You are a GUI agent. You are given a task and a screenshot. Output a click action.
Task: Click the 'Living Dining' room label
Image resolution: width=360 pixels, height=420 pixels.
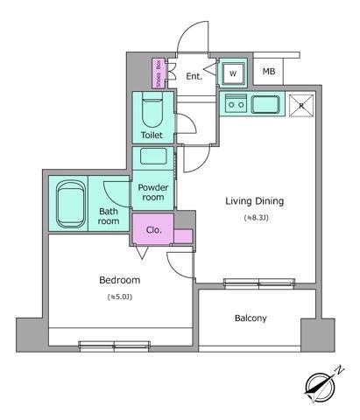coord(255,201)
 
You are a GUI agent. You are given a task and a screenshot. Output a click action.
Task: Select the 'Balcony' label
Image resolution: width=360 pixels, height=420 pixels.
coord(251,318)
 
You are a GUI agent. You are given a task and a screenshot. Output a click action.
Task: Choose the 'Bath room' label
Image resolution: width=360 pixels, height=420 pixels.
coord(109,216)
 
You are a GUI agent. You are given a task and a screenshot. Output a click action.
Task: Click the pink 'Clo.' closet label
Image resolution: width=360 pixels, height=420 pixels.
coord(152,231)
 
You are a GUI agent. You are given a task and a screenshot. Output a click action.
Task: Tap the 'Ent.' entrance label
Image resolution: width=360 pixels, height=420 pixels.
coord(194,76)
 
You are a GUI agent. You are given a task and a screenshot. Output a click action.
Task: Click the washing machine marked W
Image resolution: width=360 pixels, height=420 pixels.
coord(233,74)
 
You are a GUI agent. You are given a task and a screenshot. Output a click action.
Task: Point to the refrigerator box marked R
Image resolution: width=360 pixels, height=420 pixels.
coord(301,105)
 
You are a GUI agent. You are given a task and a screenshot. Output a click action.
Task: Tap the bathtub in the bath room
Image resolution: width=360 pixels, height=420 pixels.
coord(69,205)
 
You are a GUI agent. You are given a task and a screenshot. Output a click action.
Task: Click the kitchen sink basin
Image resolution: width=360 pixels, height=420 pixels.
coord(265,105)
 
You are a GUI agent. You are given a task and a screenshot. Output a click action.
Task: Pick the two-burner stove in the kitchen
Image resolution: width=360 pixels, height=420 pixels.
coord(235,105)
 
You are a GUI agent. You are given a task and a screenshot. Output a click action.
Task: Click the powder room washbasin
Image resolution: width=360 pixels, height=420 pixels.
coord(154,159)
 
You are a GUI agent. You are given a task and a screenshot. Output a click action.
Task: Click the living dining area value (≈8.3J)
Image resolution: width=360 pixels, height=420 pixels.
coord(255,218)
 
